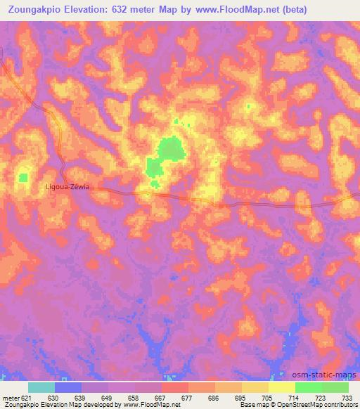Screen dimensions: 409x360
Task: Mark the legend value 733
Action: [348, 398]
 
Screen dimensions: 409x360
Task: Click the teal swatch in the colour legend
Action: [41, 387]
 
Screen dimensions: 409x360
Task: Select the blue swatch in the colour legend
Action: [68, 387]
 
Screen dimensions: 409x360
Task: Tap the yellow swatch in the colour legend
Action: [282, 387]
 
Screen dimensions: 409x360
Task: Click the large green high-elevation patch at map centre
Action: [169, 150]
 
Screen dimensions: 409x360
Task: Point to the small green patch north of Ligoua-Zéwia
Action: [23, 178]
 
